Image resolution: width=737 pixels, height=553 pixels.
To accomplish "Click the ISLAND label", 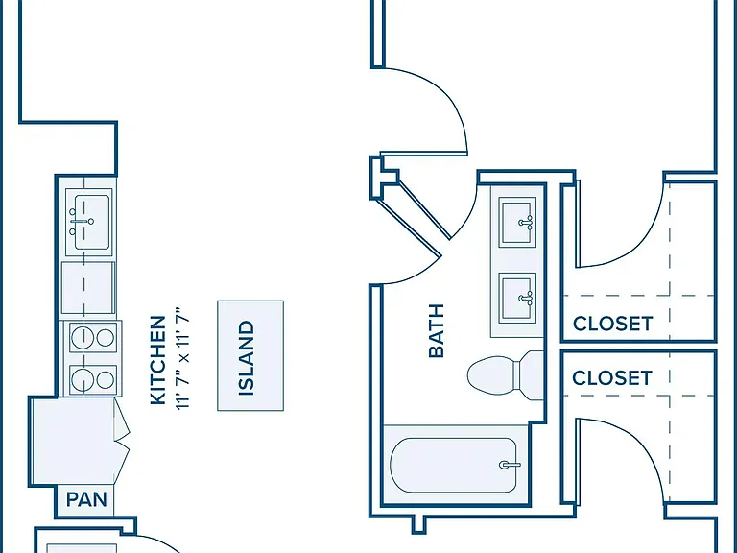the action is coord(247,358).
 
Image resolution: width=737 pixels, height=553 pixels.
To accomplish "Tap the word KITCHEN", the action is coord(158,360).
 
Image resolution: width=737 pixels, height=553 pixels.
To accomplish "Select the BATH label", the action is coord(437,330).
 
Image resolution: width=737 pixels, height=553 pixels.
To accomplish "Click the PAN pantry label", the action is coord(86,499).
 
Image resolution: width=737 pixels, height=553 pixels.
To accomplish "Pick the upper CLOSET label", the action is coord(613,324).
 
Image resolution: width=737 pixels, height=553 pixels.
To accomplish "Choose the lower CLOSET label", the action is coord(612,378).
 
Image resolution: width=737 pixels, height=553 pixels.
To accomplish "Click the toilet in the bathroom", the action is coord(506,375).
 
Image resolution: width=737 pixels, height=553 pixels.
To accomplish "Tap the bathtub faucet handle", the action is coord(509,465).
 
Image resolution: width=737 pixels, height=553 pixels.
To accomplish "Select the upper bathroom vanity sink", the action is coord(517,222).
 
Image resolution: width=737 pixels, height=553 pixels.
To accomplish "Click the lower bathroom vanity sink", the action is coord(517,299).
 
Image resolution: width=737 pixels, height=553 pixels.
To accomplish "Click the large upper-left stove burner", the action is coord(83,337).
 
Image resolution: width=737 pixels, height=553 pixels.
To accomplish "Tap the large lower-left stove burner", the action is coord(83,379).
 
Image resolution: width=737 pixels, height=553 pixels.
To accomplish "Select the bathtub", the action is coord(454,465).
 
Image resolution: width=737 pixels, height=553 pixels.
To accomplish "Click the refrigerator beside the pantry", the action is coord(74,441).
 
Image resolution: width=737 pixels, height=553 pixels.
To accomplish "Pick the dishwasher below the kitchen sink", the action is coord(88,288).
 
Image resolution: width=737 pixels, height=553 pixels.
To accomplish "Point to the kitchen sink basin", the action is coord(92,222).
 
